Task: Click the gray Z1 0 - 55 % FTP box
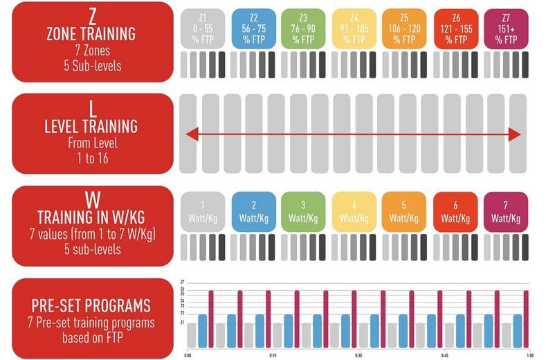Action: pyautogui.click(x=202, y=28)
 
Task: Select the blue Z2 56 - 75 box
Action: pyautogui.click(x=252, y=28)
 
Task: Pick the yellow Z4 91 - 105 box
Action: pyautogui.click(x=354, y=28)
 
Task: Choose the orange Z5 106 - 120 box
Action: pyautogui.click(x=404, y=28)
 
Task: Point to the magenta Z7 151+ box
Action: pyautogui.click(x=506, y=28)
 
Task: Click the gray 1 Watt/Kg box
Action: pyautogui.click(x=202, y=212)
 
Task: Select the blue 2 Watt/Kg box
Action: pyautogui.click(x=252, y=212)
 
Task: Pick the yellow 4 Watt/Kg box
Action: pyautogui.click(x=354, y=212)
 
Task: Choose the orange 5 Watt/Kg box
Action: pyautogui.click(x=404, y=212)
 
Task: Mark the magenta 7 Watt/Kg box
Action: pyautogui.click(x=506, y=212)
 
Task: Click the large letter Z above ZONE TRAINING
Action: pyautogui.click(x=91, y=15)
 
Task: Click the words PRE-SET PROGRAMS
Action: pyautogui.click(x=91, y=305)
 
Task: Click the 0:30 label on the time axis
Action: pyautogui.click(x=358, y=356)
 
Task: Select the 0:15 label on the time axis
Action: pyautogui.click(x=273, y=356)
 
